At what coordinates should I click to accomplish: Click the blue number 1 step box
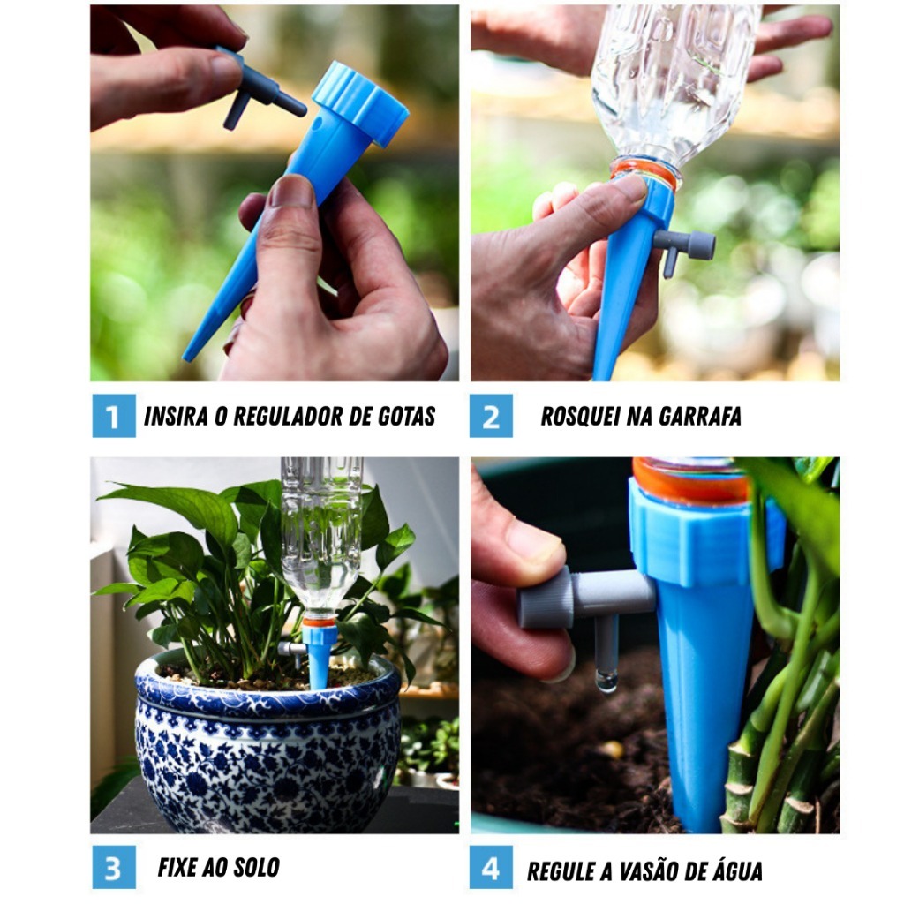(x=114, y=416)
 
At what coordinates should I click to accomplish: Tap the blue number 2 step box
(x=491, y=416)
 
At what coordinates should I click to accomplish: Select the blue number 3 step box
(x=114, y=867)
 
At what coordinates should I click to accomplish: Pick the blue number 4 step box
(x=491, y=867)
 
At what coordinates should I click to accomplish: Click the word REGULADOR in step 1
(x=290, y=417)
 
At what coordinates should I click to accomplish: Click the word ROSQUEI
(x=580, y=417)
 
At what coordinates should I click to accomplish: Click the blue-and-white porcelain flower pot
(x=267, y=743)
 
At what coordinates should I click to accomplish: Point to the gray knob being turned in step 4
(x=545, y=597)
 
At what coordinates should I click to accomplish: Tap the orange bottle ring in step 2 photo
(x=644, y=171)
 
